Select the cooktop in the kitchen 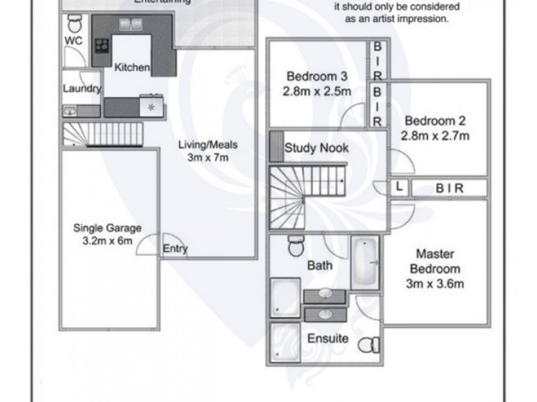101,46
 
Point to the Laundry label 82,88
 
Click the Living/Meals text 208,144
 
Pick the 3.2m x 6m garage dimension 107,240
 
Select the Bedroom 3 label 315,75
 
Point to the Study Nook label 317,148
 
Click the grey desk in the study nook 276,146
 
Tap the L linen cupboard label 399,188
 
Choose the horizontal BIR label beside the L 449,188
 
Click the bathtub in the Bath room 365,262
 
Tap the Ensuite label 328,338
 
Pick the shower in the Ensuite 286,341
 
